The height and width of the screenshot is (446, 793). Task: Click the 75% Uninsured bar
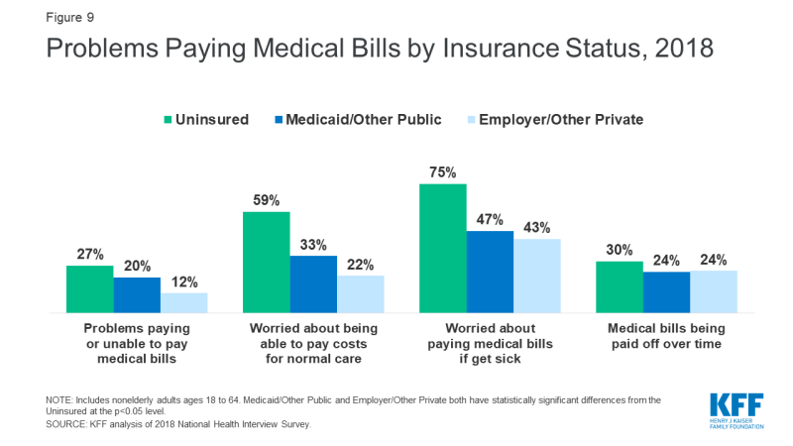click(x=442, y=248)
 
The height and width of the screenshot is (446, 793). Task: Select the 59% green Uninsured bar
click(x=266, y=262)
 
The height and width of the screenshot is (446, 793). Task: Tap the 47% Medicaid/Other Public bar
click(x=490, y=272)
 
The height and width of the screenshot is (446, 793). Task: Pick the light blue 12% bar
click(x=183, y=302)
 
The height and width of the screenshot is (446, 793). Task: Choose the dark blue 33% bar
click(x=313, y=283)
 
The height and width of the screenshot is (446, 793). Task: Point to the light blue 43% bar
click(x=536, y=276)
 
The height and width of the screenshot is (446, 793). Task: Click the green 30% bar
click(x=620, y=286)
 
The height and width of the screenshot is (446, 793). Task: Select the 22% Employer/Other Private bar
click(x=360, y=293)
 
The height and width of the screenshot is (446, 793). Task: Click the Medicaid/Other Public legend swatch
click(x=274, y=120)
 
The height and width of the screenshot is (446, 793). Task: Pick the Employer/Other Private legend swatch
click(x=467, y=120)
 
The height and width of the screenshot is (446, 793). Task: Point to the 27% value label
click(x=90, y=256)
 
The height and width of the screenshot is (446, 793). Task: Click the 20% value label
click(x=137, y=268)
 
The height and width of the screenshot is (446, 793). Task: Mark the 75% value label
click(x=443, y=173)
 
